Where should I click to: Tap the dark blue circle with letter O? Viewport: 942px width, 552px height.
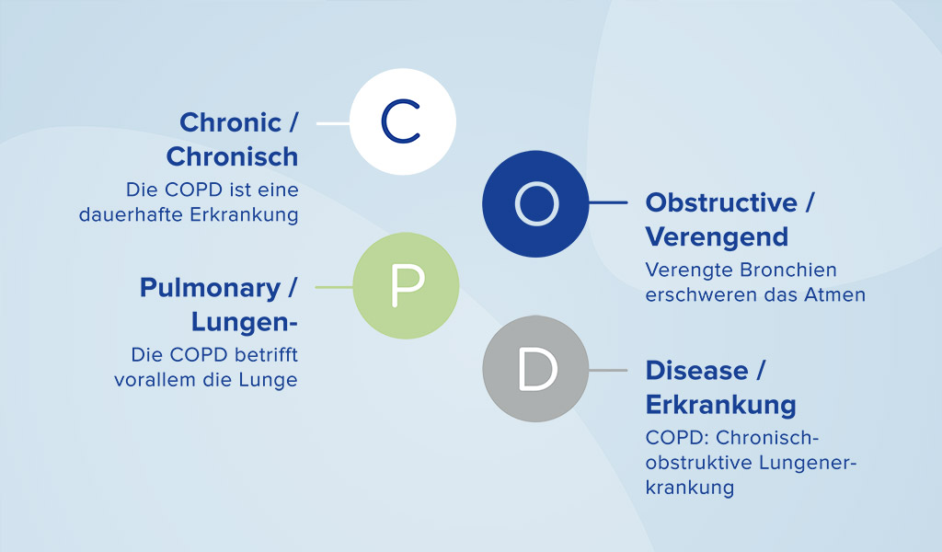[535, 203]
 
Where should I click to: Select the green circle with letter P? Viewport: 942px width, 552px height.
[406, 286]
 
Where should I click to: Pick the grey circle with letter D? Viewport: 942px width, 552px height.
[535, 369]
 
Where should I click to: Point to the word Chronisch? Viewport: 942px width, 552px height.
[232, 156]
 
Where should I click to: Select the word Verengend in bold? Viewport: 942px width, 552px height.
[717, 236]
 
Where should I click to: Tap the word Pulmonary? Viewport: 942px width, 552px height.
[210, 288]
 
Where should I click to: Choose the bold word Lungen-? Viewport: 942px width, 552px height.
[245, 322]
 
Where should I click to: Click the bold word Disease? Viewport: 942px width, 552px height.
[696, 370]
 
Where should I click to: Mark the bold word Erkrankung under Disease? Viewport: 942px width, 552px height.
[720, 405]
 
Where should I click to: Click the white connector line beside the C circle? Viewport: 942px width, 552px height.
[332, 121]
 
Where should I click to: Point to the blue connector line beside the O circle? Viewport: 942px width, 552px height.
[607, 203]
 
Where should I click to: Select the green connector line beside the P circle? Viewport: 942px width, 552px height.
[334, 287]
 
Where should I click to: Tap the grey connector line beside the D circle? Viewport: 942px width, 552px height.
[607, 370]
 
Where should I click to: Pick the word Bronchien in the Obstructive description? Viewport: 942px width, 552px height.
[790, 270]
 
